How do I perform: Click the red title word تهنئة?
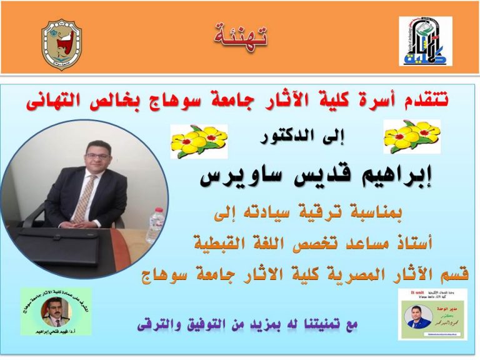point(240,35)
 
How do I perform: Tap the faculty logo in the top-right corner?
point(425,42)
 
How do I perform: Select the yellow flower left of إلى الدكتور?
point(199,140)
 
